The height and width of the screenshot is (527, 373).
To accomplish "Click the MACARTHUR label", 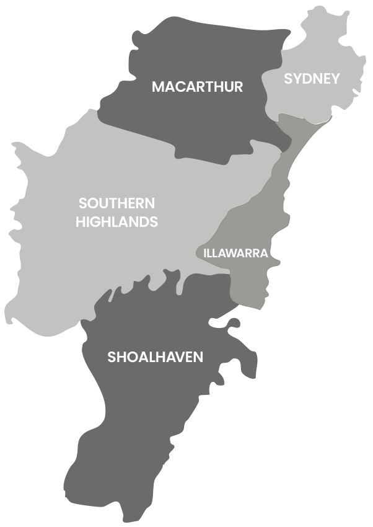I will tap(197, 87).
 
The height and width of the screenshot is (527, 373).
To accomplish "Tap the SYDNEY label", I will tap(312, 79).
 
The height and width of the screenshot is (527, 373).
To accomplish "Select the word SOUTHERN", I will tap(116, 203).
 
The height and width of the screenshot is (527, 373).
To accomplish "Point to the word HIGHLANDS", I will tap(116, 222).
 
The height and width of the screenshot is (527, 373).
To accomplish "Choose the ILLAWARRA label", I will tap(235, 253).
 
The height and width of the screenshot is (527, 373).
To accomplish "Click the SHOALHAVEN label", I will tap(155, 357).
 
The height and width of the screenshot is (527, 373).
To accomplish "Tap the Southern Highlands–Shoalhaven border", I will tap(124, 288).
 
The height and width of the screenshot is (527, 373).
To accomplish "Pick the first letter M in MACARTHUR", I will tap(157, 87).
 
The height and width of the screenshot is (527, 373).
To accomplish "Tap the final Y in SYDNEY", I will tap(335, 79).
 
